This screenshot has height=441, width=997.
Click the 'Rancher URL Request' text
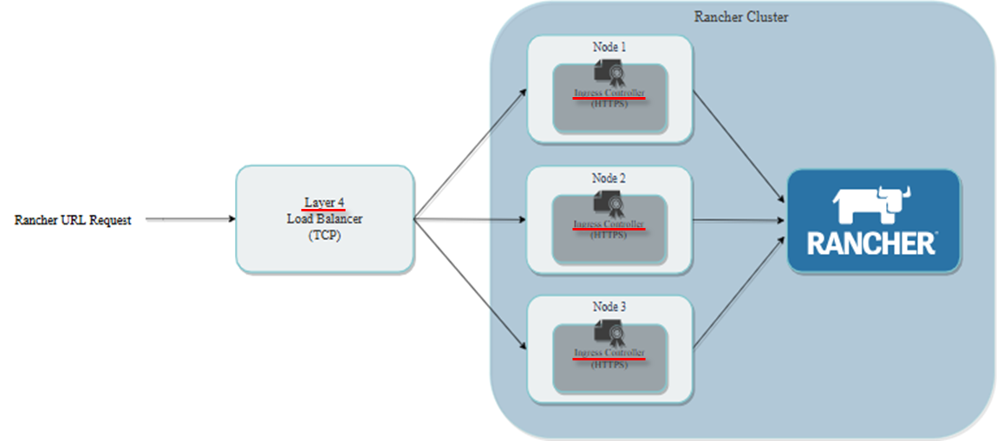click(73, 220)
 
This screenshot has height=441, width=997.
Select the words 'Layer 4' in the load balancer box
click(324, 203)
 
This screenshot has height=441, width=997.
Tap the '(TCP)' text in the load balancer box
click(325, 236)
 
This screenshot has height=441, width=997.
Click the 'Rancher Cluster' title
click(741, 17)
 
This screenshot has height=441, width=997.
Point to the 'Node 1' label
click(609, 47)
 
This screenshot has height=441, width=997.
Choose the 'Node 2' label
click(609, 178)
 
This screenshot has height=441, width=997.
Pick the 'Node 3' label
click(609, 307)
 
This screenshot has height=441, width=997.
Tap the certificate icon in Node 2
click(609, 204)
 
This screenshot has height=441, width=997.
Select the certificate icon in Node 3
click(609, 334)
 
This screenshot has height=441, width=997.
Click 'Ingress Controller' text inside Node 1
click(609, 93)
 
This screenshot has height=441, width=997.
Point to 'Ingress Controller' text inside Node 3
click(609, 353)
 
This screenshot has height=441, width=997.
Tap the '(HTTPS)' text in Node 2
click(609, 234)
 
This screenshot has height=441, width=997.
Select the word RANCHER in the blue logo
click(871, 243)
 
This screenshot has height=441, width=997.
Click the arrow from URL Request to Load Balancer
click(191, 219)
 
